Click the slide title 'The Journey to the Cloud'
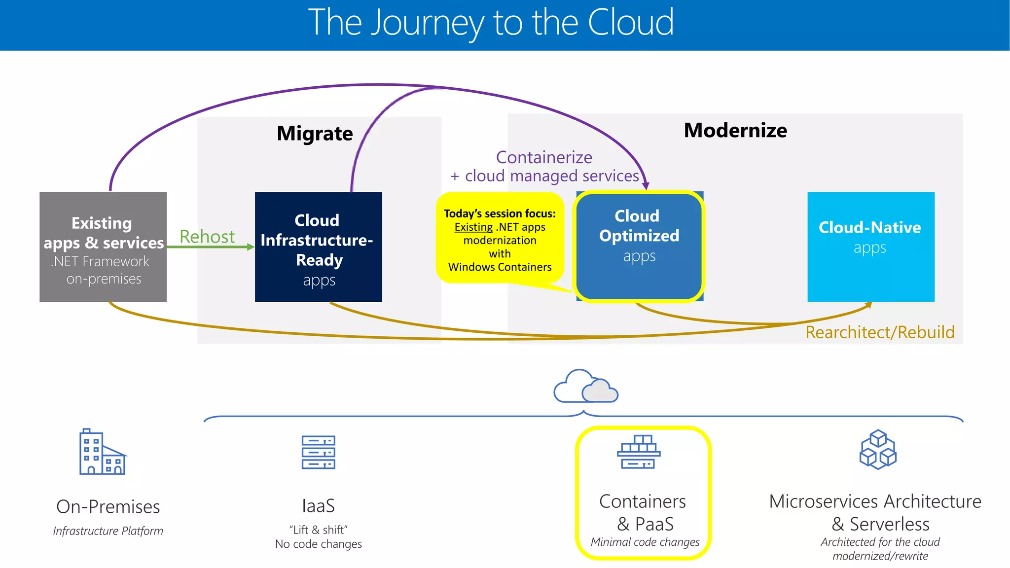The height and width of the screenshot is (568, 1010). coord(491,23)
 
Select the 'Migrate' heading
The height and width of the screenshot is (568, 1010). coord(315,134)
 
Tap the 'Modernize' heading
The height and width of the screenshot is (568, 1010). coord(735,131)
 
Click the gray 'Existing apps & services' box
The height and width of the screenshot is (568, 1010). coord(103,247)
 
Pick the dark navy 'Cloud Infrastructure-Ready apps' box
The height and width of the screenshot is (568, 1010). coord(318,247)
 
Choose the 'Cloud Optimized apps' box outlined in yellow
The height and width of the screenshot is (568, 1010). coord(639,246)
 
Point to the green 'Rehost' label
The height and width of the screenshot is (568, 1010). coord(207,237)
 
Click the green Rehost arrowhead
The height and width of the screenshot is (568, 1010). coord(251,247)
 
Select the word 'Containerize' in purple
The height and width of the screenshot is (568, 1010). coord(544,157)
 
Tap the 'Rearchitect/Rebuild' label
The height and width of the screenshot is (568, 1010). coord(880,332)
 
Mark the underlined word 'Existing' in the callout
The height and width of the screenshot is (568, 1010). coord(473,227)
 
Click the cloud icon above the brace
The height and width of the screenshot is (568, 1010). coord(585,387)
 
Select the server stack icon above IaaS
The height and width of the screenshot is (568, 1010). coord(318,452)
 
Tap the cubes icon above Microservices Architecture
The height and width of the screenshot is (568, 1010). coord(878,450)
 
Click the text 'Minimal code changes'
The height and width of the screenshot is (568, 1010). coord(645,542)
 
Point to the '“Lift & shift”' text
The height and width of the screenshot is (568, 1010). coord(318,530)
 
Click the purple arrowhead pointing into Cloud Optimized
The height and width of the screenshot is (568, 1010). coord(646,185)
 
